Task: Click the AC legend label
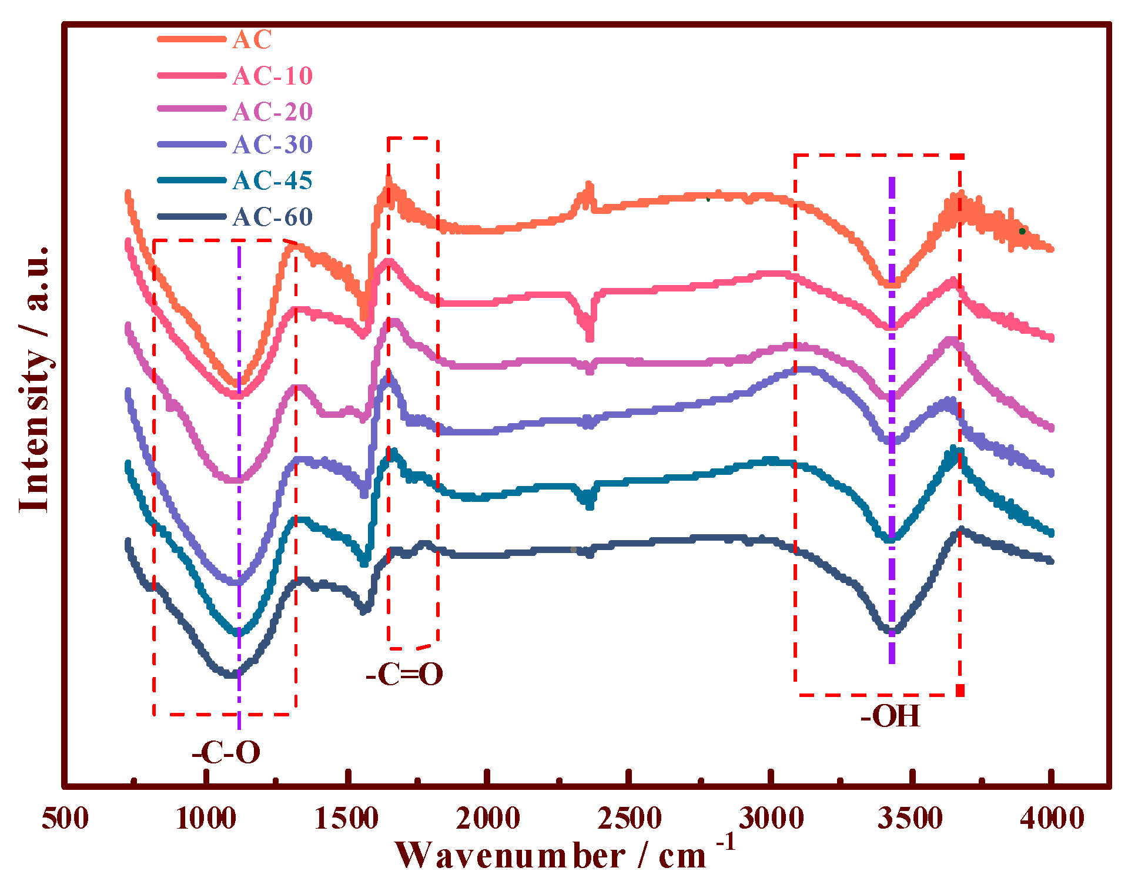pyautogui.click(x=252, y=40)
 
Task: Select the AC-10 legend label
pyautogui.click(x=273, y=76)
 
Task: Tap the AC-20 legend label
pyautogui.click(x=273, y=112)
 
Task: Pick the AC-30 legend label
pyautogui.click(x=273, y=145)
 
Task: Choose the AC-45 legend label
pyautogui.click(x=273, y=180)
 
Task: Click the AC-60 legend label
pyautogui.click(x=273, y=217)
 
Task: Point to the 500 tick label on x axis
pyautogui.click(x=65, y=818)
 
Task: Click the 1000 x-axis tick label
pyautogui.click(x=206, y=818)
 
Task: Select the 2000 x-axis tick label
pyautogui.click(x=488, y=818)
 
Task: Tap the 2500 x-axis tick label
pyautogui.click(x=630, y=818)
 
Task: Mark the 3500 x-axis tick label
pyautogui.click(x=911, y=818)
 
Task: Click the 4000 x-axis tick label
pyautogui.click(x=1052, y=818)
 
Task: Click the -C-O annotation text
pyautogui.click(x=226, y=752)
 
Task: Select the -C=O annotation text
pyautogui.click(x=404, y=674)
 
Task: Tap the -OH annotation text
pyautogui.click(x=890, y=716)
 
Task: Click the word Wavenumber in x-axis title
pyautogui.click(x=510, y=856)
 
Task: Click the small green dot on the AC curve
pyautogui.click(x=1022, y=231)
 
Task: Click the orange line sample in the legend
pyautogui.click(x=192, y=39)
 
